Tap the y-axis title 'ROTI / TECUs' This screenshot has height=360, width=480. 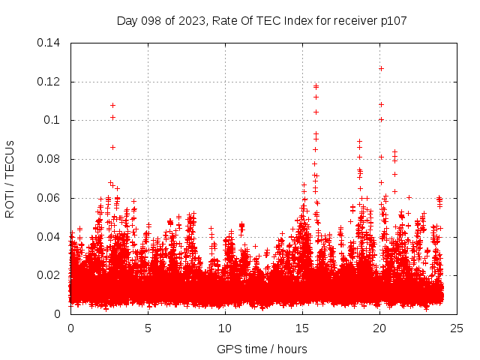point(10,178)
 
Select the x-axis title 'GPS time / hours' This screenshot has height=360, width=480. point(262,349)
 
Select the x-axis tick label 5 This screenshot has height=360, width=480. point(148,328)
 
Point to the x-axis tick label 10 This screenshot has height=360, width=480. point(225,328)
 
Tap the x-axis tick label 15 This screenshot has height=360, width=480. point(302,328)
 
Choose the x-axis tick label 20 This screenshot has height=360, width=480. point(379,328)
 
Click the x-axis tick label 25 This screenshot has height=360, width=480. point(457,328)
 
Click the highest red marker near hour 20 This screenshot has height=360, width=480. point(381,68)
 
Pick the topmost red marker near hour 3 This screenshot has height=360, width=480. point(113,105)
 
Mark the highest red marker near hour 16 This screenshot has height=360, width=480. point(316,86)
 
